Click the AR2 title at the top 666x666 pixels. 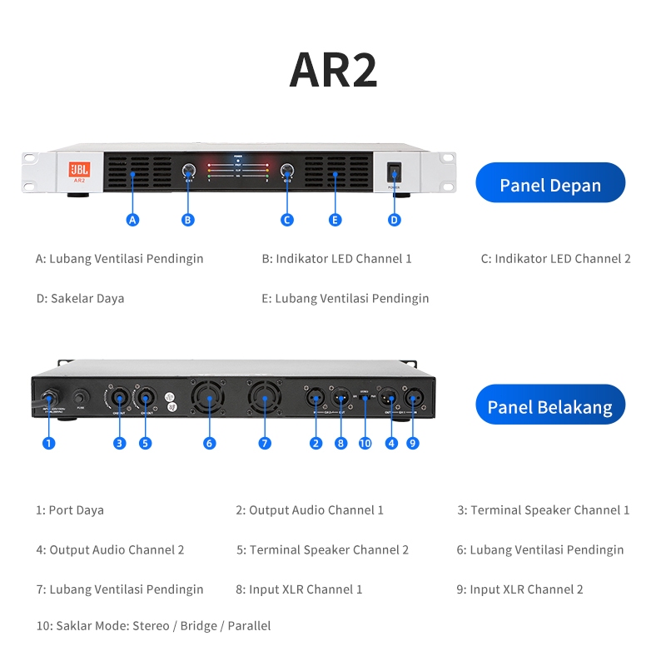tap(333, 70)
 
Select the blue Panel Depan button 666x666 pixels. tap(549, 183)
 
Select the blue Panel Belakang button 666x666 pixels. tap(549, 405)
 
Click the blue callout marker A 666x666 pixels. tap(132, 220)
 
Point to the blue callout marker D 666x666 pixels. tap(395, 220)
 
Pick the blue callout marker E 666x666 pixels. tap(335, 220)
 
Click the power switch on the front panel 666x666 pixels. tap(395, 174)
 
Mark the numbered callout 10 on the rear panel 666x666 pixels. tap(365, 444)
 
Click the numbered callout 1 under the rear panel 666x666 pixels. tap(49, 444)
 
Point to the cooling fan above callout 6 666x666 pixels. tap(208, 400)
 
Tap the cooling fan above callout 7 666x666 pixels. tap(264, 400)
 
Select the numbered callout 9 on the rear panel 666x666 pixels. tap(413, 444)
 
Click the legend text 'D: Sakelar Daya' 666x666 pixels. tap(80, 298)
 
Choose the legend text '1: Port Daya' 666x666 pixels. tap(70, 510)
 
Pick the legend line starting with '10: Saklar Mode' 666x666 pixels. tap(153, 626)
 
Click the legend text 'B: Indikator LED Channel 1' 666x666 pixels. tap(336, 259)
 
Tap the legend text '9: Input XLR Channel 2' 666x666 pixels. tap(519, 589)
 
